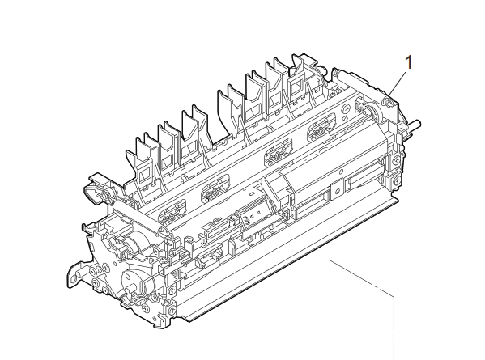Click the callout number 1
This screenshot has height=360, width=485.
[409, 63]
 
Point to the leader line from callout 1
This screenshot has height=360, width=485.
[398, 83]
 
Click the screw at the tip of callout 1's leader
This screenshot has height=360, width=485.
[387, 101]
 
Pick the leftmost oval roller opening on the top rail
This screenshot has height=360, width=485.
[172, 211]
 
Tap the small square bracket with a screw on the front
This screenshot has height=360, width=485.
[338, 191]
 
